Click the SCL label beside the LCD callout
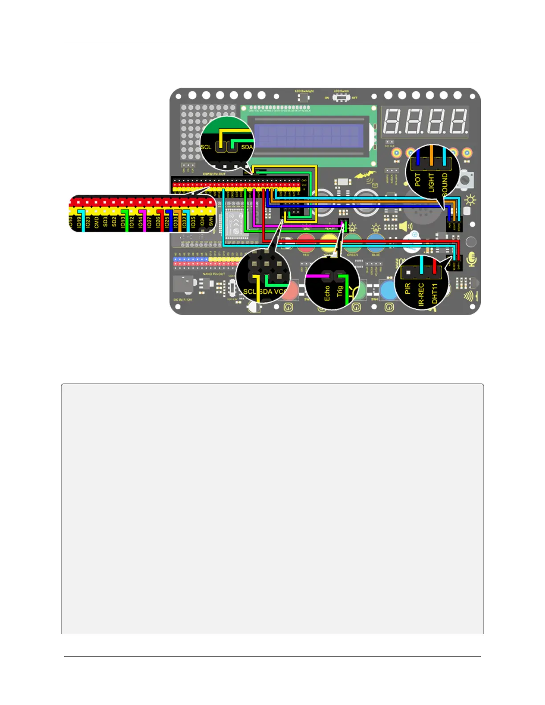[206, 147]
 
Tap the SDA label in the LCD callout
[247, 147]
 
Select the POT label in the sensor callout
[418, 179]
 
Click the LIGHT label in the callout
[431, 182]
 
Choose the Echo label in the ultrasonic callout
[327, 293]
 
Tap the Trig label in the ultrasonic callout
[340, 291]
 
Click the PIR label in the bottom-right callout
[407, 288]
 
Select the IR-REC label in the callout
[421, 295]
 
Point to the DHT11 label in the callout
[435, 294]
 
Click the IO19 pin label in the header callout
[79, 222]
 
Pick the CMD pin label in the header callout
[97, 222]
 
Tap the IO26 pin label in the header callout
[158, 222]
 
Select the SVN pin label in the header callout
[211, 221]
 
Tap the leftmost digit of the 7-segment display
[393, 121]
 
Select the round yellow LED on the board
[329, 243]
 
